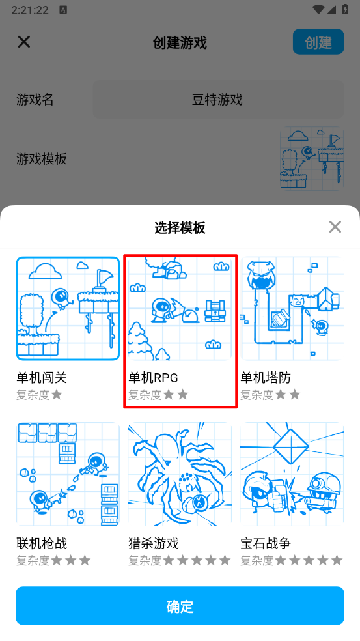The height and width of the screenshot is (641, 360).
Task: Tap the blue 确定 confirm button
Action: tap(180, 605)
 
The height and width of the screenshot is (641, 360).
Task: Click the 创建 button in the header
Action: tap(318, 42)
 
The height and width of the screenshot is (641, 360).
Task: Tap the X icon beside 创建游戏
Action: tap(24, 42)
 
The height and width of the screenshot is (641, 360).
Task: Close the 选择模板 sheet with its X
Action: tap(335, 227)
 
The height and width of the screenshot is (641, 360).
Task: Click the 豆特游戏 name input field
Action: tap(218, 99)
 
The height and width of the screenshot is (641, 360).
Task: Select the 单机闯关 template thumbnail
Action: tap(68, 308)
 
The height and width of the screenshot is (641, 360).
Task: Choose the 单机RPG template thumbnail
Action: tap(180, 308)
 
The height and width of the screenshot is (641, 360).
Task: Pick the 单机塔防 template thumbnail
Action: tap(292, 308)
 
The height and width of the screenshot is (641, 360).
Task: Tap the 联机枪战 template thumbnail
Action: tap(68, 474)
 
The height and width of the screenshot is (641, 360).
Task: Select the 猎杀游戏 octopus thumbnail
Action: tap(180, 474)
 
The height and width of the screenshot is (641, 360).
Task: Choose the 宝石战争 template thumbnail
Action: tap(292, 474)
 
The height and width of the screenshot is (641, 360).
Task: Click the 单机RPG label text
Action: tap(153, 378)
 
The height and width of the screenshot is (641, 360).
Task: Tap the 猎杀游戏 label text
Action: tap(154, 543)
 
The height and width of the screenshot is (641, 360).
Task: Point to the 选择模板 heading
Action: tap(180, 228)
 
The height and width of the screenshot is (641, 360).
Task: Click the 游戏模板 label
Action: tap(42, 158)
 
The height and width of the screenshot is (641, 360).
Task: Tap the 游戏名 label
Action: tap(35, 99)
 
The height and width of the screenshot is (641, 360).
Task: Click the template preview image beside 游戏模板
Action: tap(312, 158)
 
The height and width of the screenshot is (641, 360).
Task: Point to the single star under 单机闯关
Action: tap(57, 395)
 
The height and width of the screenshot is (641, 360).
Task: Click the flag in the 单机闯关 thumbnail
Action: tap(104, 278)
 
